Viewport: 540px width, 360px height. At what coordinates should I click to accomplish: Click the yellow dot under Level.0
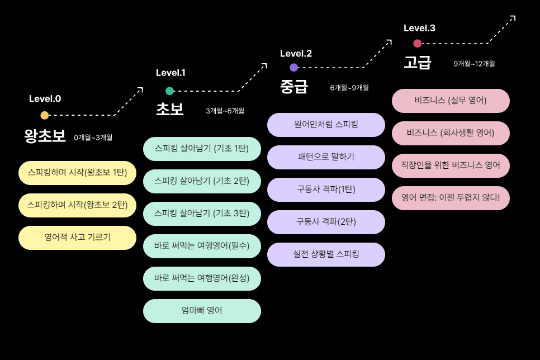click(x=45, y=115)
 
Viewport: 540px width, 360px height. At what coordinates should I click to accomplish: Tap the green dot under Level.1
click(x=169, y=91)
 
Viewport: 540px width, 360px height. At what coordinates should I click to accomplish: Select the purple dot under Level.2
click(x=294, y=68)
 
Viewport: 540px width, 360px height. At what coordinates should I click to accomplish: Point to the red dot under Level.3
click(x=418, y=44)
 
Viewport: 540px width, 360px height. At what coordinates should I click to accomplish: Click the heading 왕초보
click(x=45, y=136)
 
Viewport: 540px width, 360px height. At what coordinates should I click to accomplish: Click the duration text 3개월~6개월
click(x=225, y=111)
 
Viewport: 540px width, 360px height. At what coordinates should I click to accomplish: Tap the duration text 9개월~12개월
click(x=474, y=64)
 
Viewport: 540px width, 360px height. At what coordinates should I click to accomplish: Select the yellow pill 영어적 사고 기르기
click(x=77, y=238)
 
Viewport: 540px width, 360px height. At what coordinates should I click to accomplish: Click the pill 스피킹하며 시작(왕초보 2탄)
click(x=77, y=205)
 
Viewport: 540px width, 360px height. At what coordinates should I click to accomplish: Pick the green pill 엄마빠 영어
click(x=202, y=311)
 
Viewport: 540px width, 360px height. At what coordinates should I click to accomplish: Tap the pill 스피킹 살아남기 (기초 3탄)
click(x=202, y=214)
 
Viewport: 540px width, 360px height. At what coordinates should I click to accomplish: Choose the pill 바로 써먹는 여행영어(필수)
click(x=202, y=246)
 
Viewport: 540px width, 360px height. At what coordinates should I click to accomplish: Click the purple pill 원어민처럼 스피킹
click(x=326, y=125)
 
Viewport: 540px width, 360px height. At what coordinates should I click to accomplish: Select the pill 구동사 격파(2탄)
click(x=326, y=222)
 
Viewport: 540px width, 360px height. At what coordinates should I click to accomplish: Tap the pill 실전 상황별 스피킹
click(x=326, y=254)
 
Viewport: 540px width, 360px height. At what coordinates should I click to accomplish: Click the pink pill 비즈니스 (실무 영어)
click(x=451, y=101)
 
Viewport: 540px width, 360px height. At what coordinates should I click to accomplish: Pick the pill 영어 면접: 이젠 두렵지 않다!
click(x=451, y=198)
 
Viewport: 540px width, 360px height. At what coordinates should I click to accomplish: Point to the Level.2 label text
click(x=296, y=54)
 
